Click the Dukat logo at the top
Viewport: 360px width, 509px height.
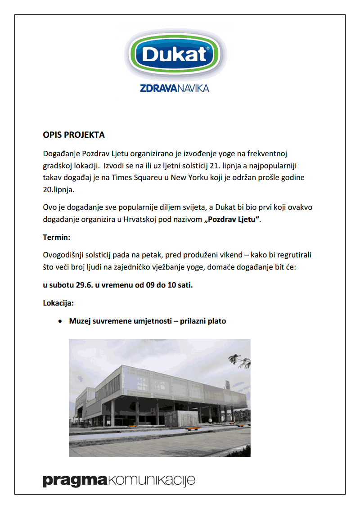click(x=175, y=54)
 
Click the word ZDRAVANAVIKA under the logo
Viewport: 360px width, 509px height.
click(x=175, y=88)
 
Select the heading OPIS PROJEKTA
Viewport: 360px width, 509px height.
click(x=74, y=135)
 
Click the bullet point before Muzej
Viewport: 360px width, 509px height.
click(x=60, y=321)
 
